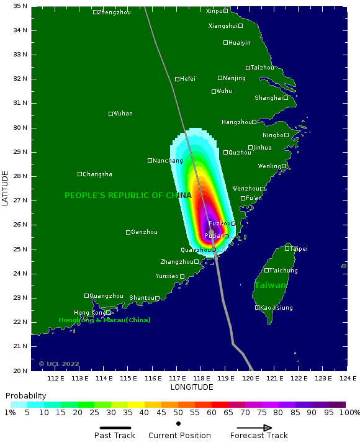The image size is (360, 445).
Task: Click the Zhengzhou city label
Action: [x=115, y=12]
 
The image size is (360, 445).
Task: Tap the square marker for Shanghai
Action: [x=286, y=97]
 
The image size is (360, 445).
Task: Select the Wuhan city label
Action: [x=123, y=114]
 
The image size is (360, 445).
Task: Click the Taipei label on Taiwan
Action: [x=299, y=249]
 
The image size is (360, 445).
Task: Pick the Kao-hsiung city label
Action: [x=277, y=308]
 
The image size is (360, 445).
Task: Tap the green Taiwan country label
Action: [x=270, y=285]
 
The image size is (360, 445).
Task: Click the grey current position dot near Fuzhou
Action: [x=211, y=232]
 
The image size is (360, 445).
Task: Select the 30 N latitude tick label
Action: [x=20, y=127]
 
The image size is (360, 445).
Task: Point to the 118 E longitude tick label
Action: [x=201, y=379]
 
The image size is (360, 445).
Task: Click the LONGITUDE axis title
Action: [x=192, y=387]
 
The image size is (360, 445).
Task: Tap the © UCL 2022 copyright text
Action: [x=59, y=364]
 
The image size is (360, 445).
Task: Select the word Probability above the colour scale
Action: [x=25, y=396]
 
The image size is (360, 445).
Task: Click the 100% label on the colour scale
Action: [x=349, y=413]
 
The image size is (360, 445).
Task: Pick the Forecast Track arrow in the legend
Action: [x=254, y=428]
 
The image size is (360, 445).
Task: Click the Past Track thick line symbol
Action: [x=115, y=428]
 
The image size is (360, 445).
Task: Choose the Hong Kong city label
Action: [x=89, y=313]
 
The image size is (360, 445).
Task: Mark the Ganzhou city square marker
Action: [x=128, y=232]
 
